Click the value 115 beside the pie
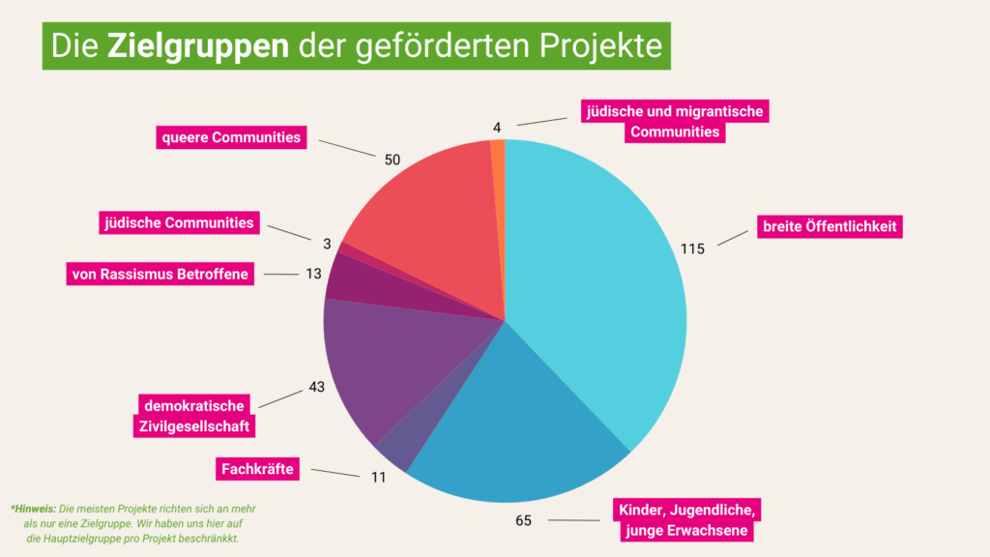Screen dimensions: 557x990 coord(692,249)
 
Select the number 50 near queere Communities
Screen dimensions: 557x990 coord(392,159)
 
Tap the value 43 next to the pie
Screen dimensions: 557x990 coord(316,387)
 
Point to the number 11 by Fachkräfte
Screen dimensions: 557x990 coord(378,477)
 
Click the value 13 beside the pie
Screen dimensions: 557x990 coord(313,274)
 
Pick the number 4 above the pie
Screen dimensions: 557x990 coord(497,127)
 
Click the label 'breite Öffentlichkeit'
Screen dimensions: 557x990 coord(830,227)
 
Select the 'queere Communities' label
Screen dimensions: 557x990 coord(231,137)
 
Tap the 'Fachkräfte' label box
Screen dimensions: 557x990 coord(255,470)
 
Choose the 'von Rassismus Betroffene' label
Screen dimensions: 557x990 coord(160,274)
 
